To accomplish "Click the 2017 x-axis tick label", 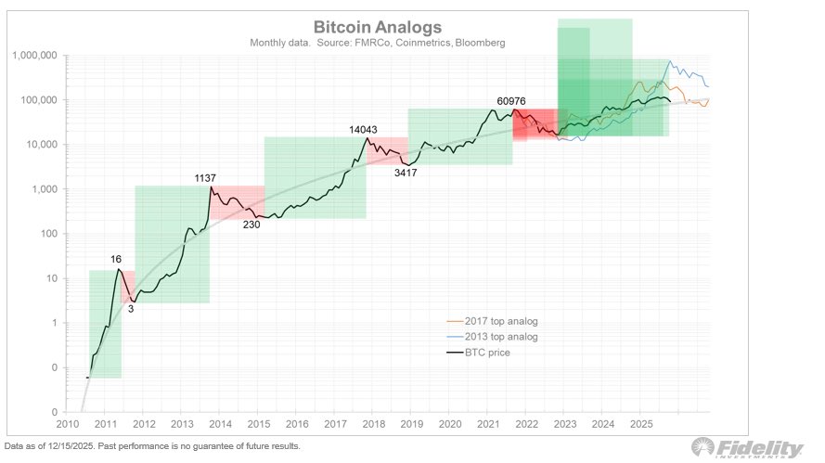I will [335, 424].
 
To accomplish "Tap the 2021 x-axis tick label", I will [488, 424].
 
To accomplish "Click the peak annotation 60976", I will [516, 100].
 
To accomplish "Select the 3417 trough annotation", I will [405, 173].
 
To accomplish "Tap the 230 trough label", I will [251, 224].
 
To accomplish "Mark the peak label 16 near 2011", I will [116, 261].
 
